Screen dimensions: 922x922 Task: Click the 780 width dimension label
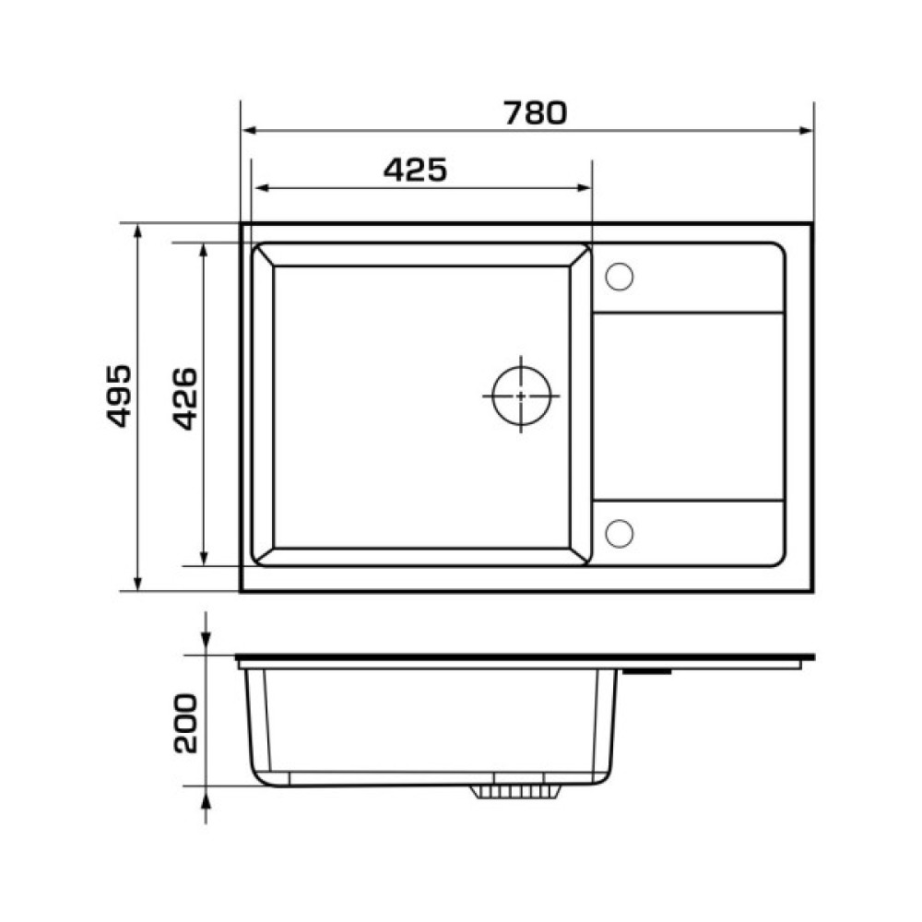coord(535,113)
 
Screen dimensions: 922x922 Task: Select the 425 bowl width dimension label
coord(415,170)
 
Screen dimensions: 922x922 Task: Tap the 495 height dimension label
coord(119,396)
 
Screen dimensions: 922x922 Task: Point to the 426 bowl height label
coord(185,398)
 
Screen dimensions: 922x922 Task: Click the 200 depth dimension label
coord(185,724)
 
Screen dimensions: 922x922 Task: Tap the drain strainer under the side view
coord(516,791)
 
